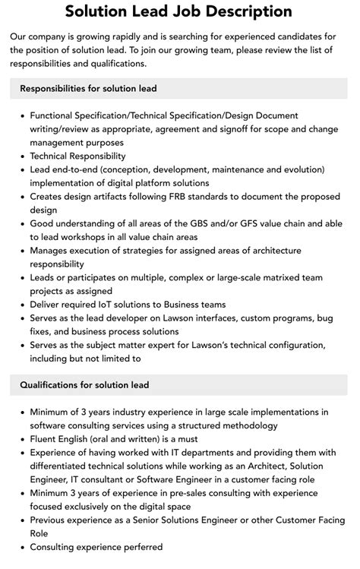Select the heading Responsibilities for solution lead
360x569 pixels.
tap(89, 88)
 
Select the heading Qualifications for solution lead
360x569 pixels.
tap(85, 385)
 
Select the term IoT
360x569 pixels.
tap(116, 305)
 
